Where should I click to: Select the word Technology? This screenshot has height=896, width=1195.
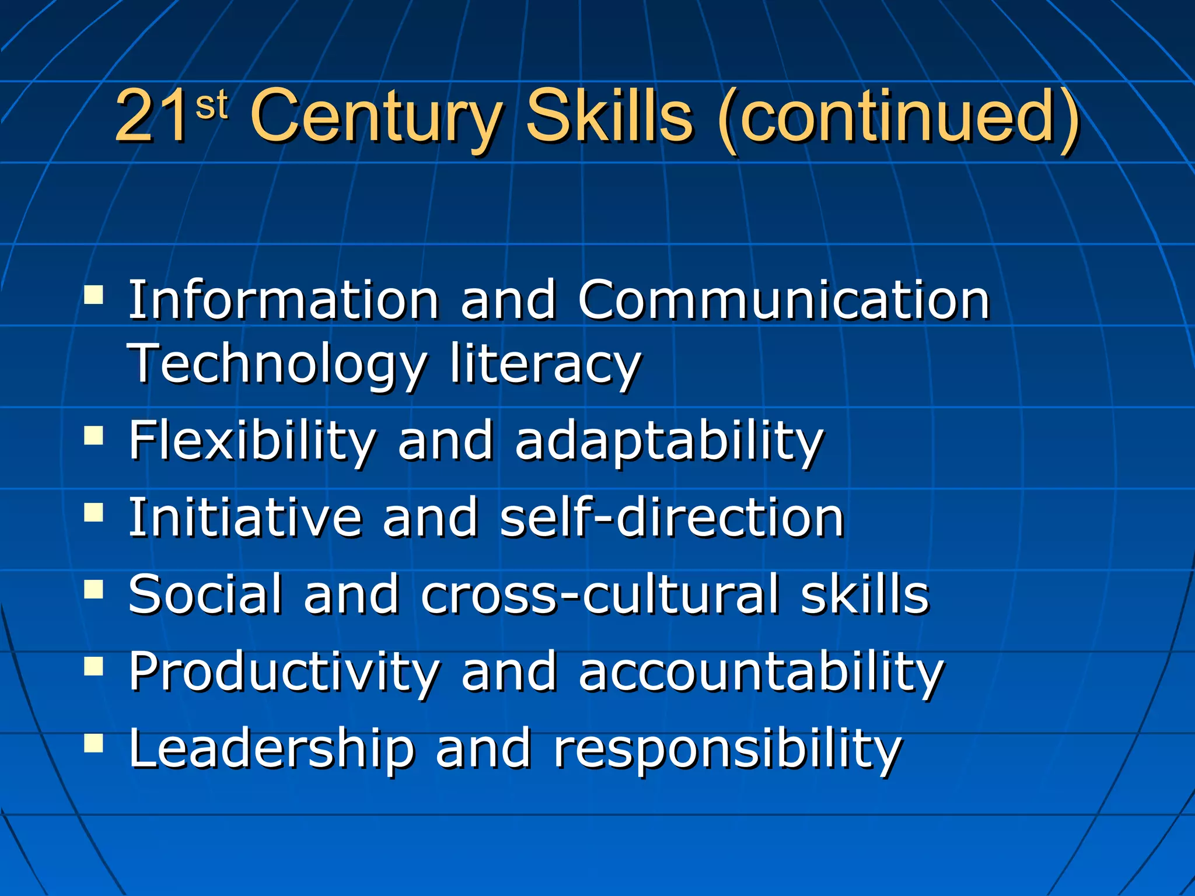click(277, 366)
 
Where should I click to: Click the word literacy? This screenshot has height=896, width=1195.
click(545, 366)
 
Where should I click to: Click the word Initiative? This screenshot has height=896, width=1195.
click(245, 517)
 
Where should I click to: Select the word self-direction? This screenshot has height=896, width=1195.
click(672, 517)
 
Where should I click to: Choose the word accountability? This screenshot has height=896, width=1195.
click(761, 673)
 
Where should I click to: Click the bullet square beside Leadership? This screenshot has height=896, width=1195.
click(93, 744)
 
